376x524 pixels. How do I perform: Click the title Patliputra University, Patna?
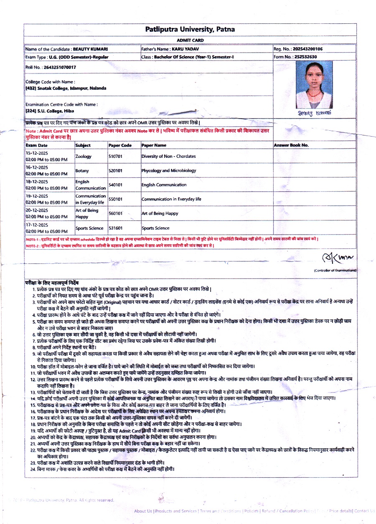(190, 30)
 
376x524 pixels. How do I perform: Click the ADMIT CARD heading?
(190, 40)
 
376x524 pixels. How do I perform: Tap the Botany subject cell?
(82, 170)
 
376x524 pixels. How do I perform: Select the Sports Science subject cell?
(89, 228)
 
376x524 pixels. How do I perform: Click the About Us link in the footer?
(143, 511)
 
